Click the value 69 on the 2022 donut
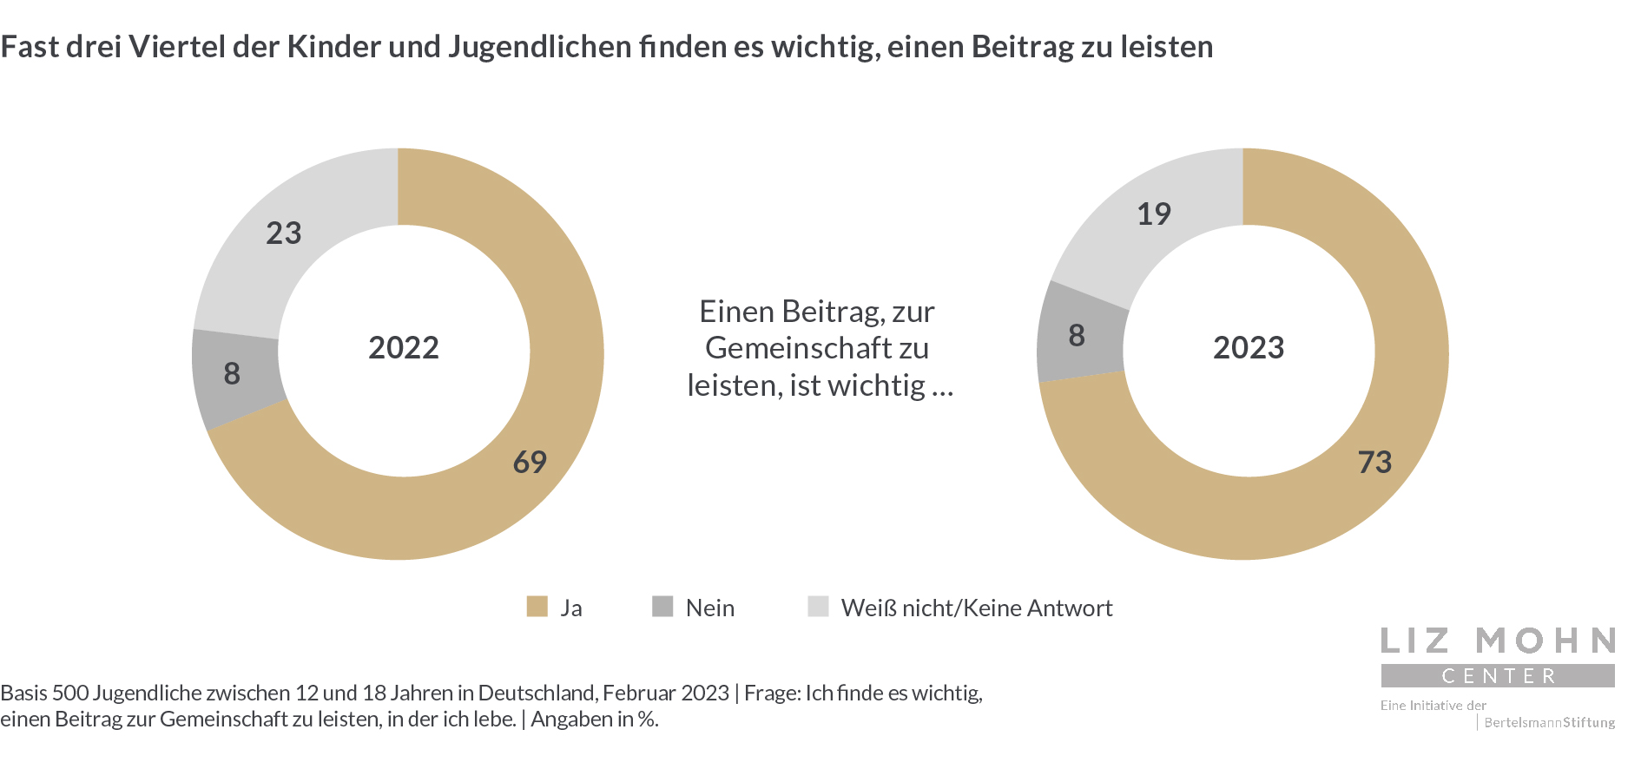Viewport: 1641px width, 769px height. click(530, 462)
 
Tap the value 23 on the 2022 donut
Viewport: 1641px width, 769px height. click(284, 233)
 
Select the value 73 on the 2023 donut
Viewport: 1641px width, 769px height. click(1374, 462)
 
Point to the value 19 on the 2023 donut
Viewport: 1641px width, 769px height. click(1154, 214)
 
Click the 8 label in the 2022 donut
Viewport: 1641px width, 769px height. click(232, 373)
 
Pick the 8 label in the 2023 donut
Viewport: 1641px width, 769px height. click(1077, 335)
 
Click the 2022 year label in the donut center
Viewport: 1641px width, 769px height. click(404, 347)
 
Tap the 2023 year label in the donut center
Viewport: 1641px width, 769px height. click(1249, 347)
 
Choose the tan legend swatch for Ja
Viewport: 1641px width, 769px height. click(537, 607)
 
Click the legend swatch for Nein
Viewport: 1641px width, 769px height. click(662, 607)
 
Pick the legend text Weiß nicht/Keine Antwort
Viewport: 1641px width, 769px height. click(977, 608)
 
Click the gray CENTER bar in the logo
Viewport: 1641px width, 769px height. click(1498, 675)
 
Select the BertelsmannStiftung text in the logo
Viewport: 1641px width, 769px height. click(1549, 722)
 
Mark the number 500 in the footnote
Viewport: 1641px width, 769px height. click(70, 693)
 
